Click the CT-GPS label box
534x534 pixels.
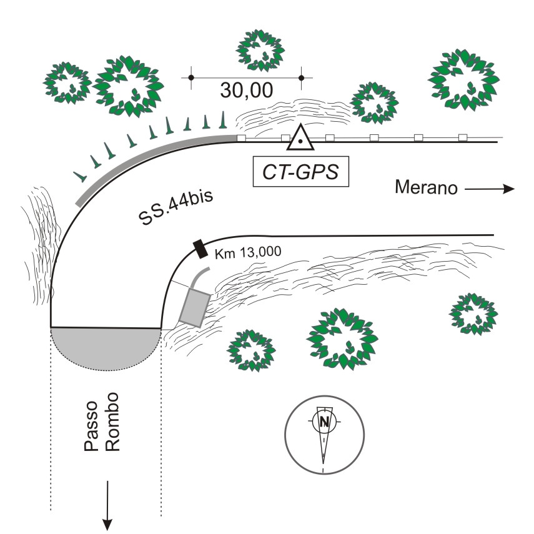[x=300, y=172]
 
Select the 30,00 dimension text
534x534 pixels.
[x=246, y=90]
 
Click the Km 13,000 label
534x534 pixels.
[x=248, y=252]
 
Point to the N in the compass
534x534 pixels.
[x=324, y=422]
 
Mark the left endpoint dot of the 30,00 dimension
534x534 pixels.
[x=192, y=77]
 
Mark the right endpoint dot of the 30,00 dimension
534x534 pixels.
[x=302, y=77]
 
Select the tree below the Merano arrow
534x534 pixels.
[x=475, y=312]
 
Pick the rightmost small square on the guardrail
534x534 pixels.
[x=463, y=137]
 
